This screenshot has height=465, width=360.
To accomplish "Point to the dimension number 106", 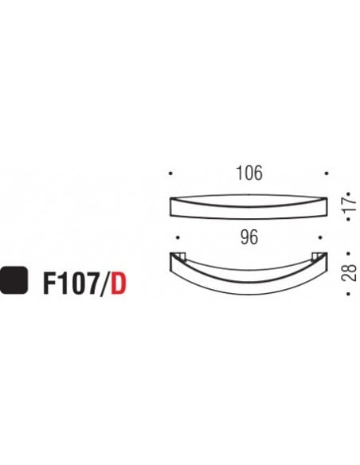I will tap(249, 173).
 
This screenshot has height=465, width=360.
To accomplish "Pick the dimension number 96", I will tap(249, 237).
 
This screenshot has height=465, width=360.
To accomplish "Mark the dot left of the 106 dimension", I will tap(171, 173).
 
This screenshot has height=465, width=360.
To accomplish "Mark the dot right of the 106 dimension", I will tap(325, 173).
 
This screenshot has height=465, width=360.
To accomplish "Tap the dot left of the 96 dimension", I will tap(178, 237).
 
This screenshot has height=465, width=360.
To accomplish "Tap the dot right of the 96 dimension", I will tap(319, 237).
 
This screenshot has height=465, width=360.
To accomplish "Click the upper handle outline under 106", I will tap(249, 206).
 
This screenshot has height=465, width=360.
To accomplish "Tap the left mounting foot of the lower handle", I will tap(180, 256).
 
